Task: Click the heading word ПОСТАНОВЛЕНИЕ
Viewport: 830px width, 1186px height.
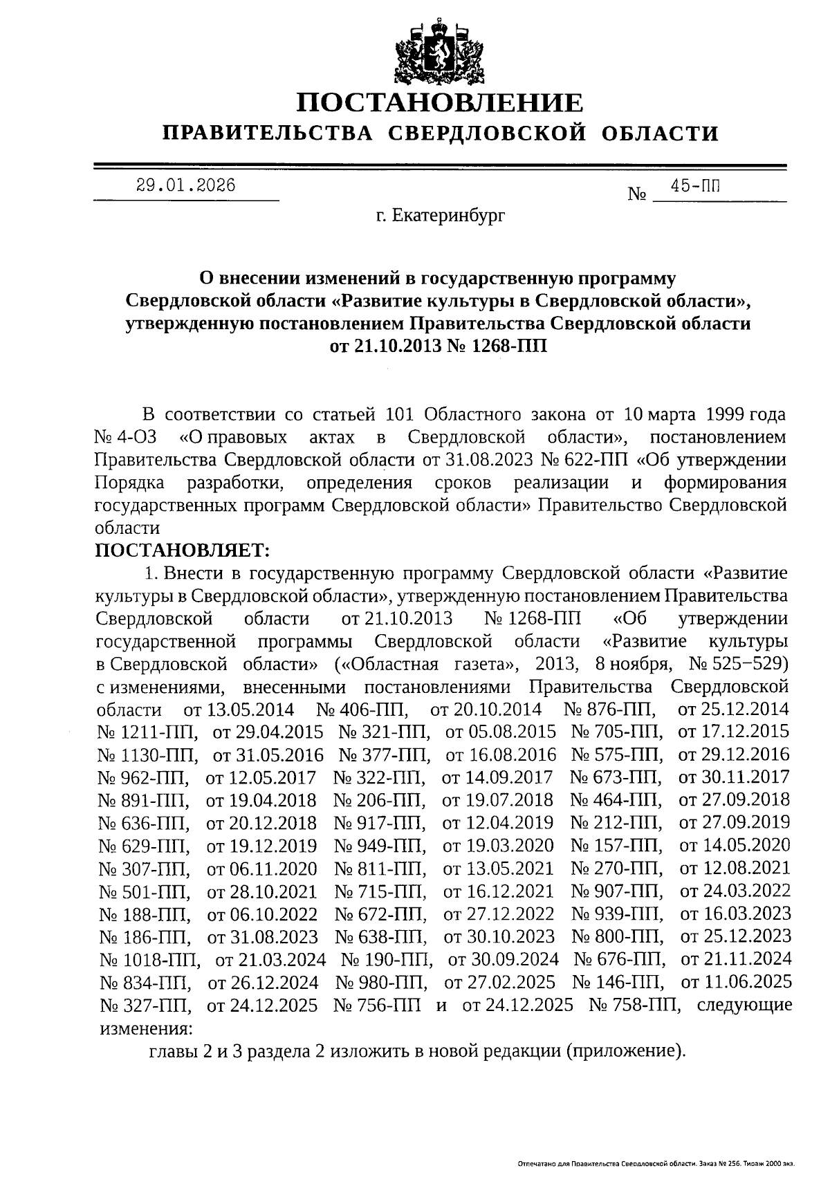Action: tap(440, 103)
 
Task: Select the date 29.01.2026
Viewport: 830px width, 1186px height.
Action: tap(185, 185)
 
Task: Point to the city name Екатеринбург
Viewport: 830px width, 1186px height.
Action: tap(441, 216)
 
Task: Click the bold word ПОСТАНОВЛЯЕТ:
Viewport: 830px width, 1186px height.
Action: tap(181, 550)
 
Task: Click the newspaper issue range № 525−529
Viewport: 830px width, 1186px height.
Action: tap(739, 664)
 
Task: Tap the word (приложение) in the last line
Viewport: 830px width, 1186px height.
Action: tap(625, 1052)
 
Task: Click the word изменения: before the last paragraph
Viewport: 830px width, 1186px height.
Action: tap(145, 1028)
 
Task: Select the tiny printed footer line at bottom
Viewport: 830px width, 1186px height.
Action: tap(656, 1165)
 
